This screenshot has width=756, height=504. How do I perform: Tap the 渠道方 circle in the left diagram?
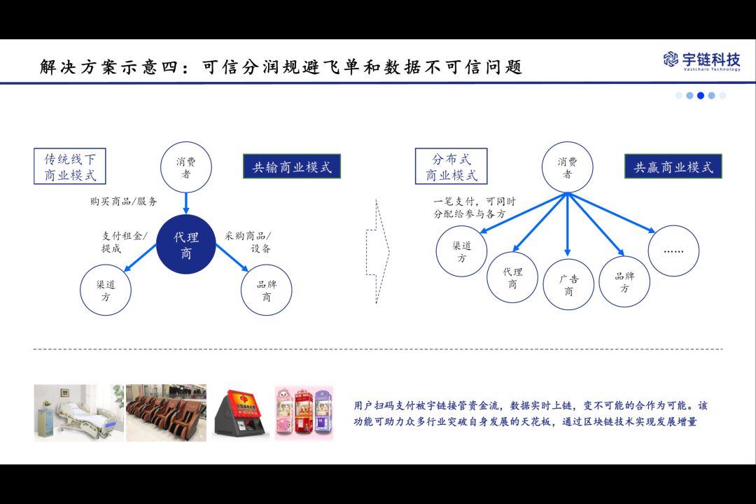106,290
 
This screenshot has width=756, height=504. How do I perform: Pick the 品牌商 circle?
266,290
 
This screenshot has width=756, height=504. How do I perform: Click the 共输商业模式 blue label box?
291,167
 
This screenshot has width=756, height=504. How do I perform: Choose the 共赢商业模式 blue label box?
673,167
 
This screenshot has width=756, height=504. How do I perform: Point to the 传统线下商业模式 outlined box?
70,167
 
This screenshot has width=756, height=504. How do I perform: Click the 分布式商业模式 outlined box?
451,167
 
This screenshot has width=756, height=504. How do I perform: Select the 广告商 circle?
568,284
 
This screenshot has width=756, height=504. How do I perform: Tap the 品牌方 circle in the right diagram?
624,281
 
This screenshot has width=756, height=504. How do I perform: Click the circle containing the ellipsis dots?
673,251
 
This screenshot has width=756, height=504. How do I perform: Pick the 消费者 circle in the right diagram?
568,168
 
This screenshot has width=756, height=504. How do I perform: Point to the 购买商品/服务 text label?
124,202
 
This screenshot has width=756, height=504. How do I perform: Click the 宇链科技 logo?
701,61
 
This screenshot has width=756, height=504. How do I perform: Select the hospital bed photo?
78,412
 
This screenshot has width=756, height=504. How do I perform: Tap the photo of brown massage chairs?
166,412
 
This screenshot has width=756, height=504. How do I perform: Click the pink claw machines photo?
304,412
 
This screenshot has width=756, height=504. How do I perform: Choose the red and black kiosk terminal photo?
239,414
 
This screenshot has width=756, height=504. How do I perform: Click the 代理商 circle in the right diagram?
512,277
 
